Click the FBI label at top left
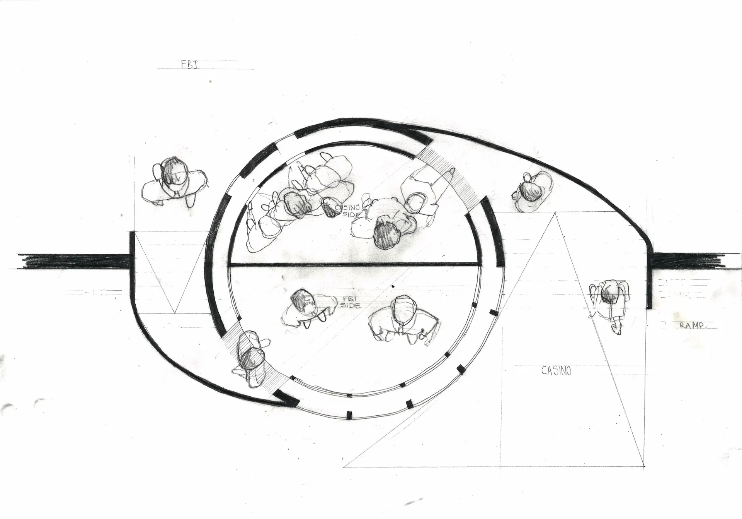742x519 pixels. click(x=190, y=65)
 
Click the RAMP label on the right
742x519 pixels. click(x=693, y=326)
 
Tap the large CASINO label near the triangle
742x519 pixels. click(x=556, y=371)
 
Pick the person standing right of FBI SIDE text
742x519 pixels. click(x=403, y=320)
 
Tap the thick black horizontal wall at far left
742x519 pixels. click(x=73, y=261)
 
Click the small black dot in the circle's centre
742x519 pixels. click(x=393, y=286)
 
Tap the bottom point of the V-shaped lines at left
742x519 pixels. click(x=175, y=313)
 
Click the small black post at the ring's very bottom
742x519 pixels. click(x=350, y=415)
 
